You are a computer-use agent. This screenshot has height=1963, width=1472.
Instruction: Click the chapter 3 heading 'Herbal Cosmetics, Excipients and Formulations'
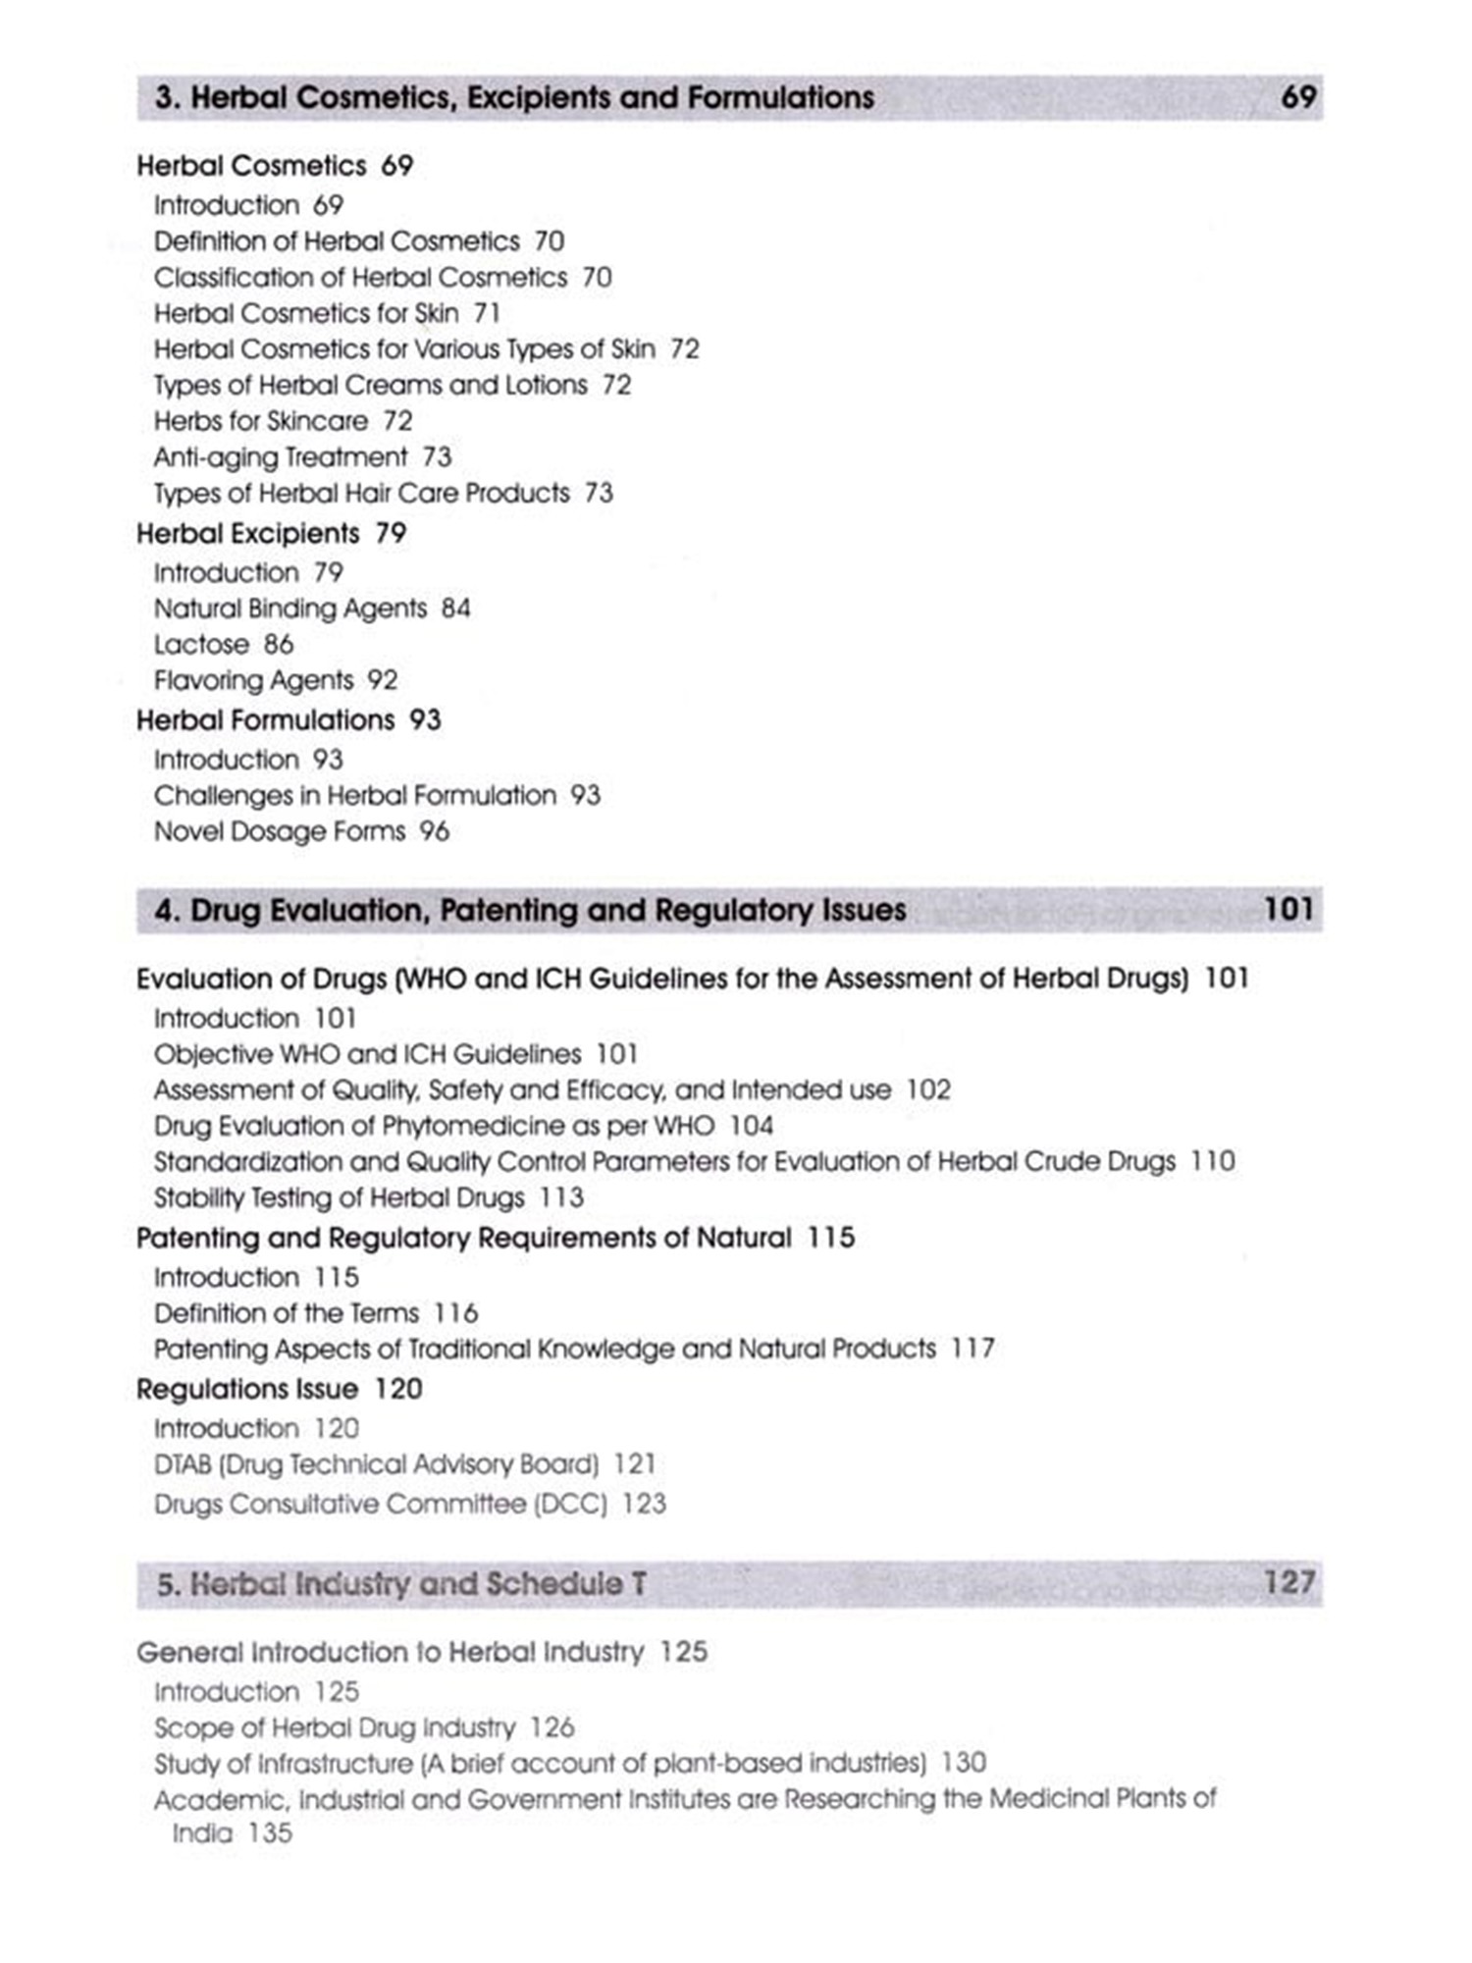514,98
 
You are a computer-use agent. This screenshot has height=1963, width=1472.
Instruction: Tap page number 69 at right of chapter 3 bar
1297,97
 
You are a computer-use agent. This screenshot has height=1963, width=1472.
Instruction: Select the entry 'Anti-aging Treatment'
281,457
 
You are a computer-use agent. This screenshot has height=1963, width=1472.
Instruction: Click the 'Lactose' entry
201,645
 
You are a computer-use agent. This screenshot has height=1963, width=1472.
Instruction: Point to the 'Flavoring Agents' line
253,680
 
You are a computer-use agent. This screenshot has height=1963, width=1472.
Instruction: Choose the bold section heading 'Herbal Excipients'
248,534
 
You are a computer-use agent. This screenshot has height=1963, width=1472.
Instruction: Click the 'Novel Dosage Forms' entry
280,832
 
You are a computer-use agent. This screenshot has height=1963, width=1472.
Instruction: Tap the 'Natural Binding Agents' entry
290,609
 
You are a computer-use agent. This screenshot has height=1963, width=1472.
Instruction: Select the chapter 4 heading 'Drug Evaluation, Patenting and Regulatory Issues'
530,911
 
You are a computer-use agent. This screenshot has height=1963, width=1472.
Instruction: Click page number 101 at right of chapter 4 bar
1288,910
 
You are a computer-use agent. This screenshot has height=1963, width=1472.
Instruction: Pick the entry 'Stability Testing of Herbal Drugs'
340,1198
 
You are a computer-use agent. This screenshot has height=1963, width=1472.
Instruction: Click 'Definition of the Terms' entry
287,1313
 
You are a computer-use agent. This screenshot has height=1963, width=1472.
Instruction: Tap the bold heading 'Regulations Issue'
247,1390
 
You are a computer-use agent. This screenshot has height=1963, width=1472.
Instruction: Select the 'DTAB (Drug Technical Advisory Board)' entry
376,1465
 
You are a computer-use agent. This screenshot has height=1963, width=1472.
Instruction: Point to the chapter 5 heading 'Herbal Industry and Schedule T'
401,1584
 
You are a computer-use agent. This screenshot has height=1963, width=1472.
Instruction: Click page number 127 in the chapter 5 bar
1288,1582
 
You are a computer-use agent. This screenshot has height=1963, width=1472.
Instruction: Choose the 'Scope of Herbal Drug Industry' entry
335,1727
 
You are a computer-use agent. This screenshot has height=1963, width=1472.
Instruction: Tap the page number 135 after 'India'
270,1833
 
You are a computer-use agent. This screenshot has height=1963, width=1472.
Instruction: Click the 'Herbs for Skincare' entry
261,421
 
